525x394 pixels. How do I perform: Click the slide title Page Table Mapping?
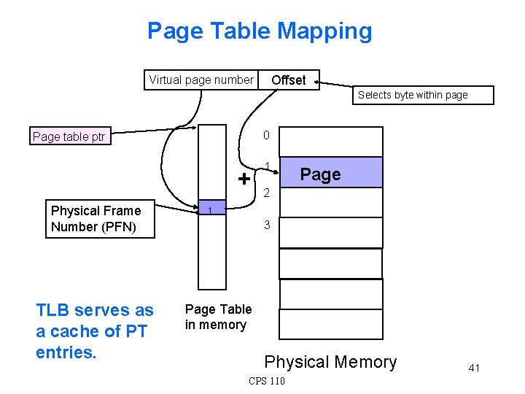(260, 31)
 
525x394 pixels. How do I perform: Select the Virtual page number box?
(201, 80)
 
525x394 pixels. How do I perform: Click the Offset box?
(289, 80)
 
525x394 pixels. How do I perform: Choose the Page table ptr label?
(69, 136)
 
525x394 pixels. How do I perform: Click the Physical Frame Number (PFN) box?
(93, 219)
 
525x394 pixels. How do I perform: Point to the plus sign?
(244, 179)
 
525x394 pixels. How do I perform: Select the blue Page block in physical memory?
(331, 174)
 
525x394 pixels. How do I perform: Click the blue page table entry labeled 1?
(211, 211)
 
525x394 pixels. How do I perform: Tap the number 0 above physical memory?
(267, 135)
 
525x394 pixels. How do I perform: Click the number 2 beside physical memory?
(267, 193)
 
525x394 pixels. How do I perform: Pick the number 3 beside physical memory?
(267, 225)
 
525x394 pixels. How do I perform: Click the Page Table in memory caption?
(217, 317)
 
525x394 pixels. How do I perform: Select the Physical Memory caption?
(330, 362)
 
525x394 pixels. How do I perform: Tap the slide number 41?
(474, 368)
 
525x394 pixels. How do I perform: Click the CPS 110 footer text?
(267, 381)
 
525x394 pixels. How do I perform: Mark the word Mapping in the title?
(327, 31)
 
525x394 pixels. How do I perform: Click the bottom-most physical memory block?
(331, 325)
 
